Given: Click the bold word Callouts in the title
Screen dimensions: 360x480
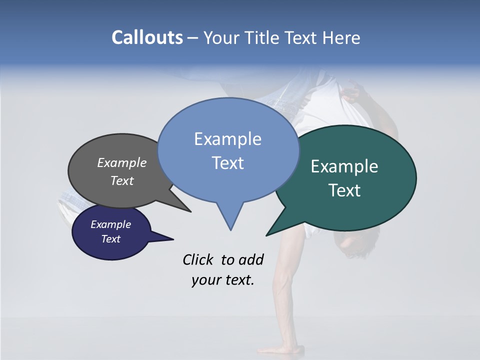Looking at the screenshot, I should pyautogui.click(x=147, y=37).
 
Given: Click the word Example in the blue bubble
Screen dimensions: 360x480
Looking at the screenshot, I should pyautogui.click(x=227, y=139).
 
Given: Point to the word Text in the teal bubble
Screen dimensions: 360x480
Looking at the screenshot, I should pyautogui.click(x=344, y=190).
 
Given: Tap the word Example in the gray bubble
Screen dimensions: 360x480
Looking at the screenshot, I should pyautogui.click(x=122, y=163).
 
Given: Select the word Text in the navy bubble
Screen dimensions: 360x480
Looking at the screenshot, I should pyautogui.click(x=111, y=239).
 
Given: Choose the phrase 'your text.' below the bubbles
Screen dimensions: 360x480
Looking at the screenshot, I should pyautogui.click(x=223, y=280).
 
